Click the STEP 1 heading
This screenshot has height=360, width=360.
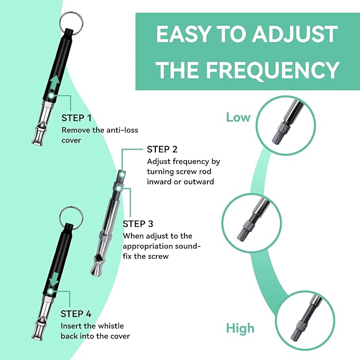pyautogui.click(x=76, y=118)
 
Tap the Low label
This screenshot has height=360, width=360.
pyautogui.click(x=238, y=117)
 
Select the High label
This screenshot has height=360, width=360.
pyautogui.click(x=240, y=328)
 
